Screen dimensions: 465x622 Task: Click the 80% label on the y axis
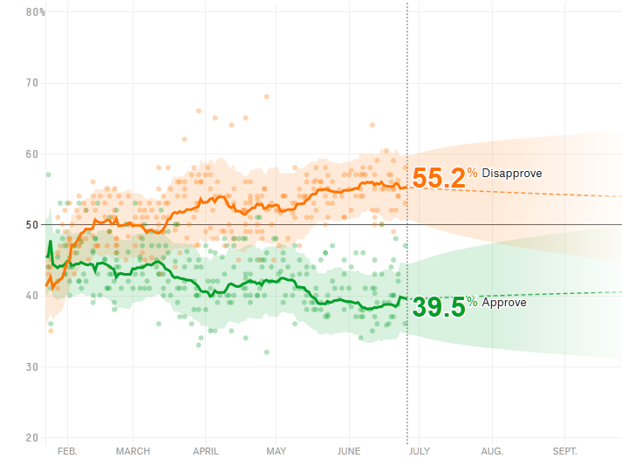(x=36, y=12)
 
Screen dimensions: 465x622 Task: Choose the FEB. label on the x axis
(x=67, y=451)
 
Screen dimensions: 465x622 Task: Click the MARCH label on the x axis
(x=133, y=451)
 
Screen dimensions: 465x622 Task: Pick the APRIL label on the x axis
(x=205, y=451)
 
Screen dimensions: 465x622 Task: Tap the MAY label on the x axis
(x=276, y=451)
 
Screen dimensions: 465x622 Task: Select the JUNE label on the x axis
(x=348, y=451)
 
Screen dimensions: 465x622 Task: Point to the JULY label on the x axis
(x=420, y=451)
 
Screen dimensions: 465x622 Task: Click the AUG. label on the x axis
(x=492, y=451)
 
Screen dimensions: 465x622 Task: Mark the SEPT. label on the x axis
(x=564, y=451)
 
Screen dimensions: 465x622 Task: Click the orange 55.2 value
(x=438, y=178)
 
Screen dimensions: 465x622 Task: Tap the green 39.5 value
(x=438, y=307)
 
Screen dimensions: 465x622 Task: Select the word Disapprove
(x=511, y=174)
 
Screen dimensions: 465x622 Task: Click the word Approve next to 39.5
(x=504, y=303)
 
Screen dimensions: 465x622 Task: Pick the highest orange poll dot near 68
(x=267, y=96)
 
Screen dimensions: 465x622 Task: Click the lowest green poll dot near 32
(x=267, y=352)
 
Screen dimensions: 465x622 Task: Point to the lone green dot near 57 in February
(x=49, y=174)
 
